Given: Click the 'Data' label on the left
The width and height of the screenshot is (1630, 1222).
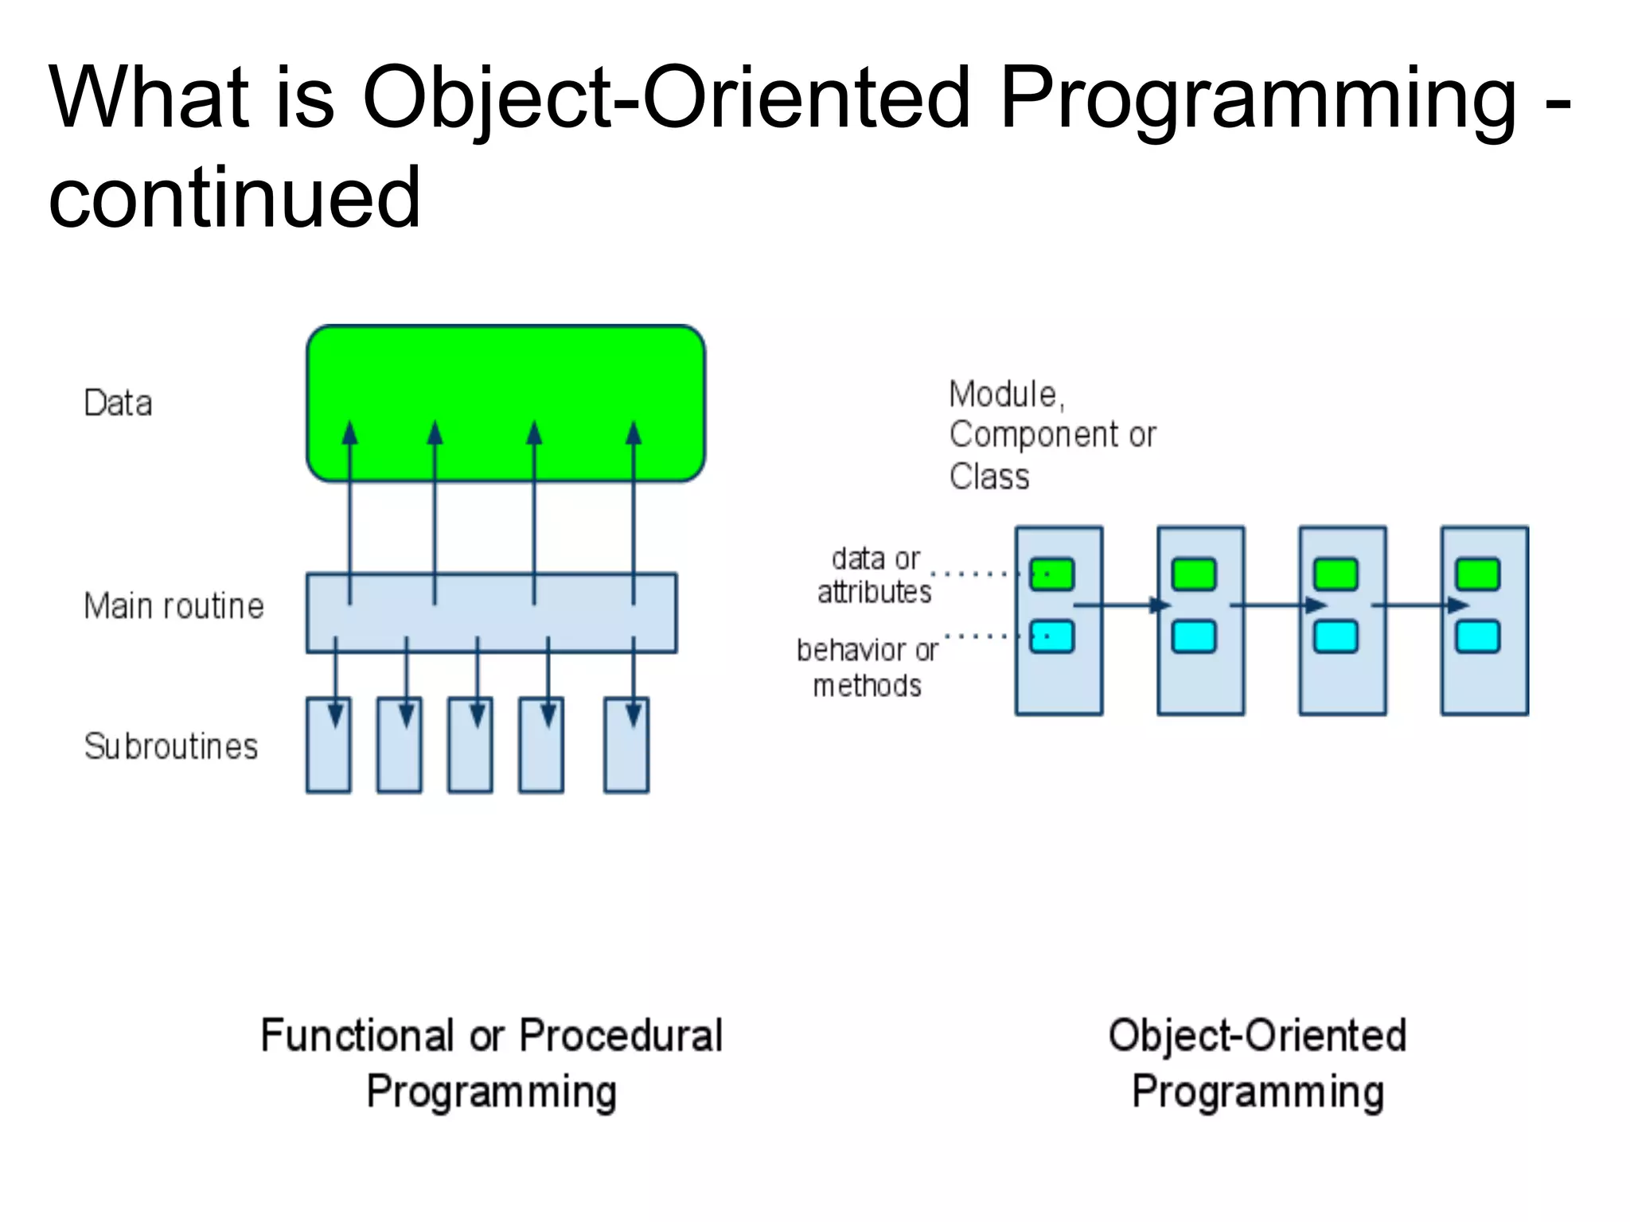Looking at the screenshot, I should click(x=118, y=403).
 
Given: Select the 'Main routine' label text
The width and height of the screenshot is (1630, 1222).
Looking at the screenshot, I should click(x=174, y=606).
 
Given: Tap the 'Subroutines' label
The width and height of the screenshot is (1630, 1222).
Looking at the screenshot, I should click(x=171, y=746).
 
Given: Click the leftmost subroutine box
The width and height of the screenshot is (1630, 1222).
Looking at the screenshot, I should click(x=328, y=756).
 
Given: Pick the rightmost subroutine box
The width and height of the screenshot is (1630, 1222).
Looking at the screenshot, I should click(x=626, y=756).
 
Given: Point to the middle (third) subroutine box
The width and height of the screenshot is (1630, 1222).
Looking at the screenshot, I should click(x=470, y=756).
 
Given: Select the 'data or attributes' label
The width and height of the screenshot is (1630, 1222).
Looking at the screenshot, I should click(x=874, y=575).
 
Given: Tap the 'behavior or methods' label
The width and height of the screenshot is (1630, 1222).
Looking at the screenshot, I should click(x=868, y=667).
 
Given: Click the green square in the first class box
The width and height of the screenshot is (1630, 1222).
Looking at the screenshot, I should click(x=1051, y=574).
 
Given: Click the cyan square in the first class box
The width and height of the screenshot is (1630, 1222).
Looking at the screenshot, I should click(x=1051, y=636).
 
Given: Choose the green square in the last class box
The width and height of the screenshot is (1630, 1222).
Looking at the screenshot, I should click(x=1477, y=574).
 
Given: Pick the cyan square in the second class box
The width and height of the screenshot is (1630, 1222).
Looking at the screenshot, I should click(x=1194, y=636).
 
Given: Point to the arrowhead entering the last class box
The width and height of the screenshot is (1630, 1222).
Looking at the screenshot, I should click(x=1457, y=605).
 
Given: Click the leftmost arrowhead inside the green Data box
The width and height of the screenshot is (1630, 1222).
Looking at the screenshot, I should click(x=350, y=434).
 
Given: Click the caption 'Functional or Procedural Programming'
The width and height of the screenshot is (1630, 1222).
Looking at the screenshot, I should click(x=492, y=1063).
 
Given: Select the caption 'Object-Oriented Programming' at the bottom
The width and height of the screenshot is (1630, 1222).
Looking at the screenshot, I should click(x=1258, y=1063).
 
